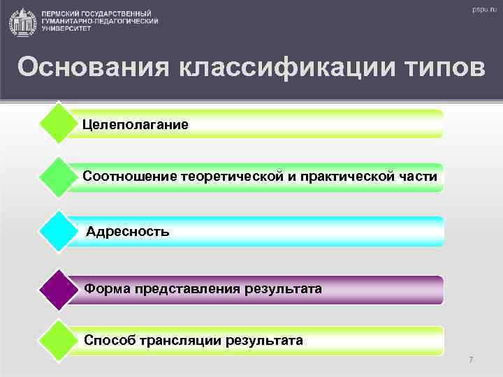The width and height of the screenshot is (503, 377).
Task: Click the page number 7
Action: pos(471,360)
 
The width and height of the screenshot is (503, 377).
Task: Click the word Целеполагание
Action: pos(135,124)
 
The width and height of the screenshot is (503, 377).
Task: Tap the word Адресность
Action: pos(127,231)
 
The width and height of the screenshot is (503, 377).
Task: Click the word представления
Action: pos(184,288)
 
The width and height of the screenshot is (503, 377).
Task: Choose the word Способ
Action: pos(107,341)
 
